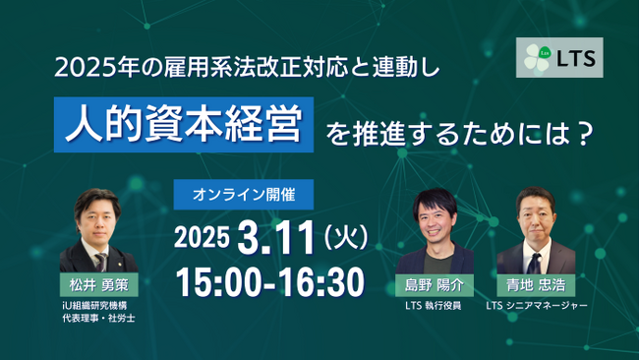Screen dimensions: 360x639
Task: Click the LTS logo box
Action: (x=559, y=58)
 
